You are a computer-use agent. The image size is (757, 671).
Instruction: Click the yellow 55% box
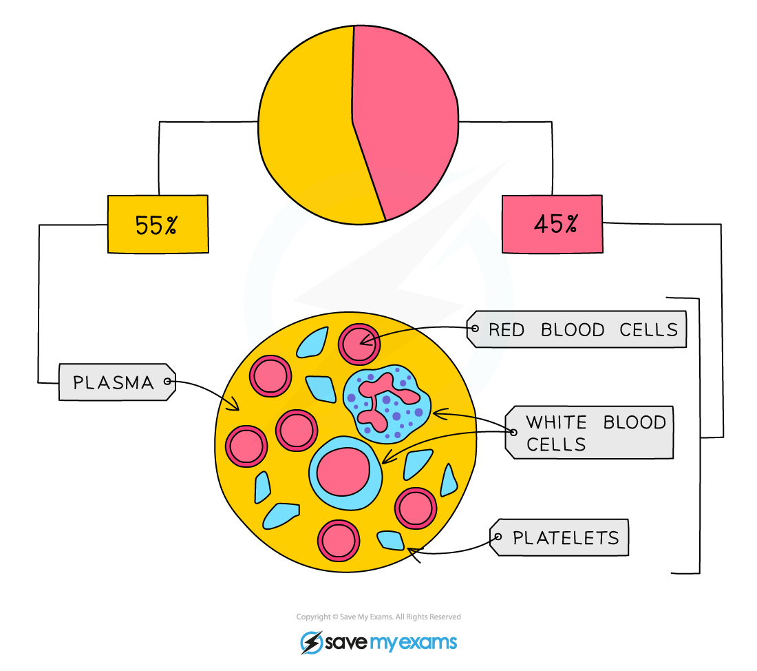click(158, 224)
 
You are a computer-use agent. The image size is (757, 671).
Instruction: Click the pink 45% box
click(552, 224)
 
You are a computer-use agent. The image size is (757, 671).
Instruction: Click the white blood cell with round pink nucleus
click(346, 472)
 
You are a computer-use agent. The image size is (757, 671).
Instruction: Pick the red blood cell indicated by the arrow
click(359, 344)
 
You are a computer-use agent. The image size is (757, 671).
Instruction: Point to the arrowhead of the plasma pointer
click(234, 406)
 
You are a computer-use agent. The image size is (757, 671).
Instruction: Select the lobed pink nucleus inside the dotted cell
click(385, 396)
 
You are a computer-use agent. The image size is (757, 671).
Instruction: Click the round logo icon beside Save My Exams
click(312, 643)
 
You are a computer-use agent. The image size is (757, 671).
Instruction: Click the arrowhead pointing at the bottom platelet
click(412, 550)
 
